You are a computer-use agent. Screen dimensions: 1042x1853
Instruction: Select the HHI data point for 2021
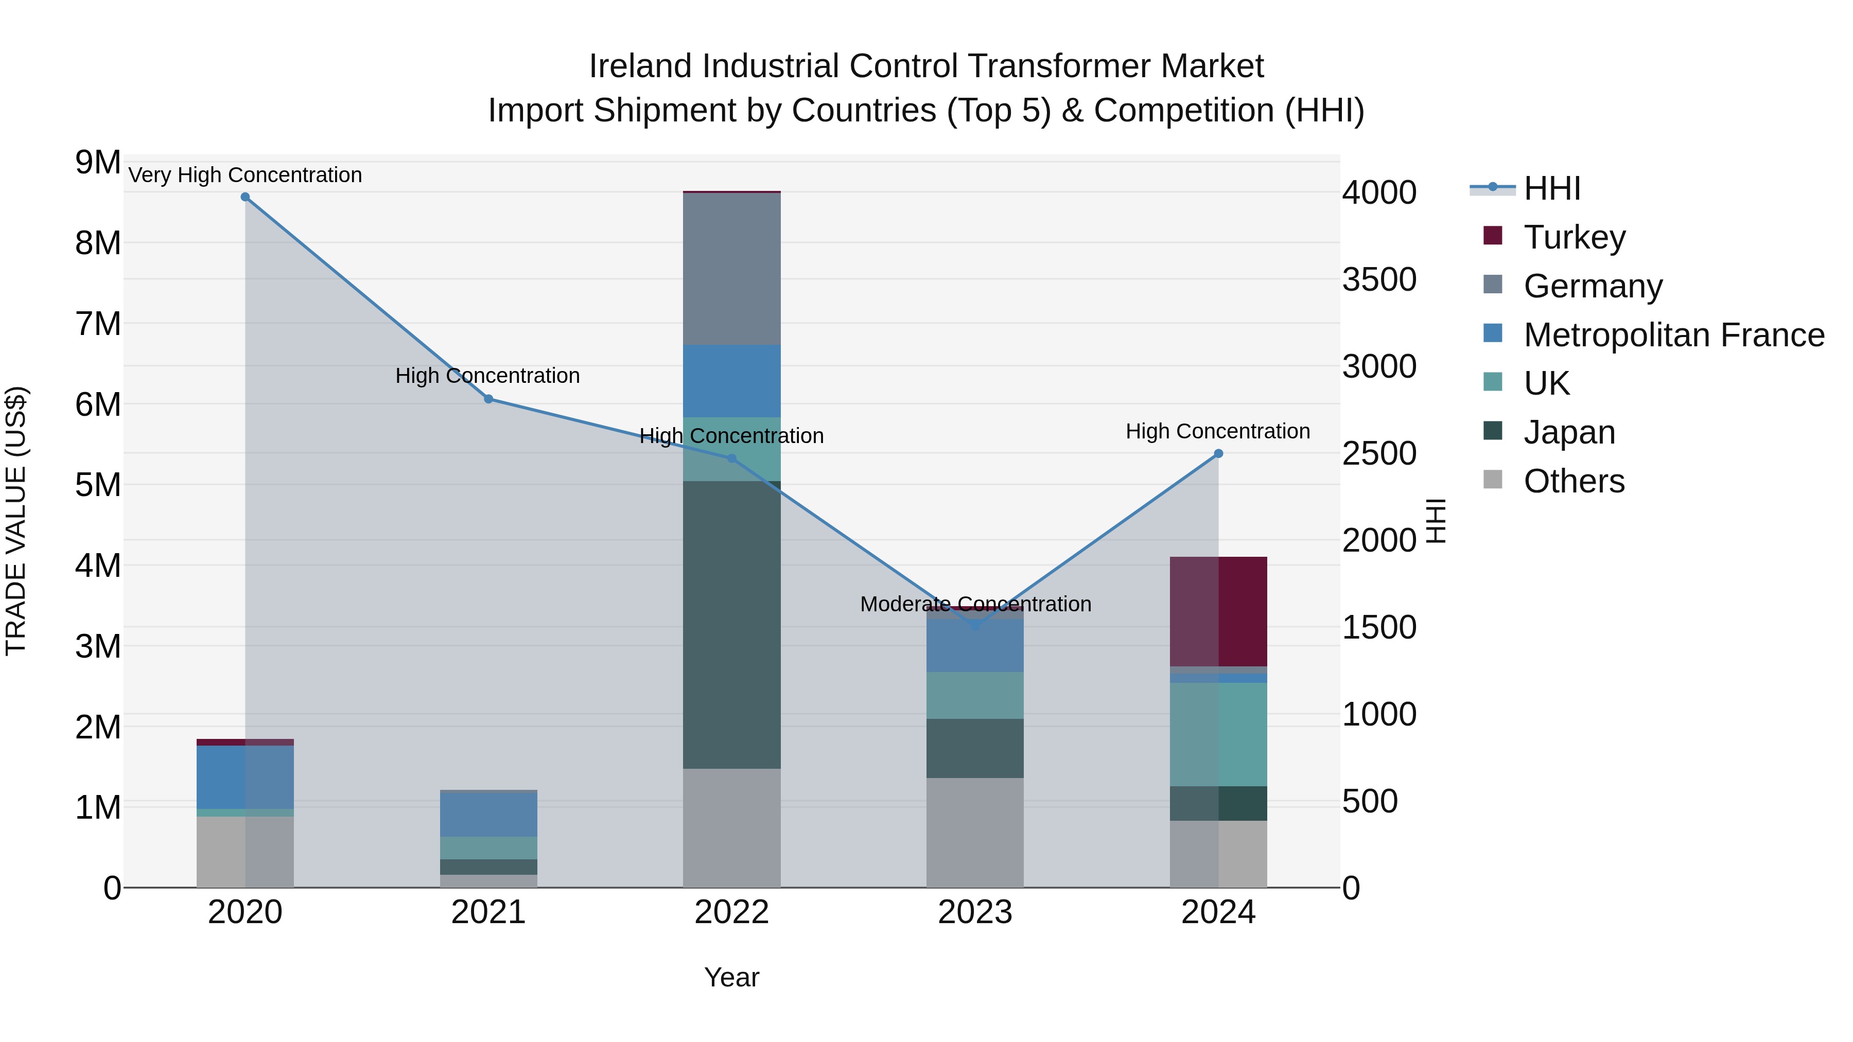[x=488, y=399]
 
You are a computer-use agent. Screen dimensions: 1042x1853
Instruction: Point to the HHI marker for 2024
[x=1218, y=454]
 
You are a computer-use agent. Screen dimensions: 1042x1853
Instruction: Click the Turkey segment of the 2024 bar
[x=1218, y=611]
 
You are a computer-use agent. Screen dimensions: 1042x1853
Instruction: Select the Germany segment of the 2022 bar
[x=731, y=269]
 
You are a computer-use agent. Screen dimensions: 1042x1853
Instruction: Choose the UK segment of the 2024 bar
[x=1218, y=733]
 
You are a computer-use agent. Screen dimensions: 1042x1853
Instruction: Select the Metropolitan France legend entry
[x=1673, y=334]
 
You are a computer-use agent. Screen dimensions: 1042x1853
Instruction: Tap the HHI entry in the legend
[x=1551, y=188]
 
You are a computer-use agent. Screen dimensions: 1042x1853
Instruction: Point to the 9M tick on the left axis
[x=98, y=163]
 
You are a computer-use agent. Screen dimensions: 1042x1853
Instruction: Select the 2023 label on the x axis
[x=975, y=912]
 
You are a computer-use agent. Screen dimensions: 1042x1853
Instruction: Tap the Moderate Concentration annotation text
[x=975, y=604]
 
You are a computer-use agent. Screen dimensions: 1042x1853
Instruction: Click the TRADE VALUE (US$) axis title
[x=16, y=521]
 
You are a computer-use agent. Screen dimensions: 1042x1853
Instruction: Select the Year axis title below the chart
[x=731, y=977]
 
